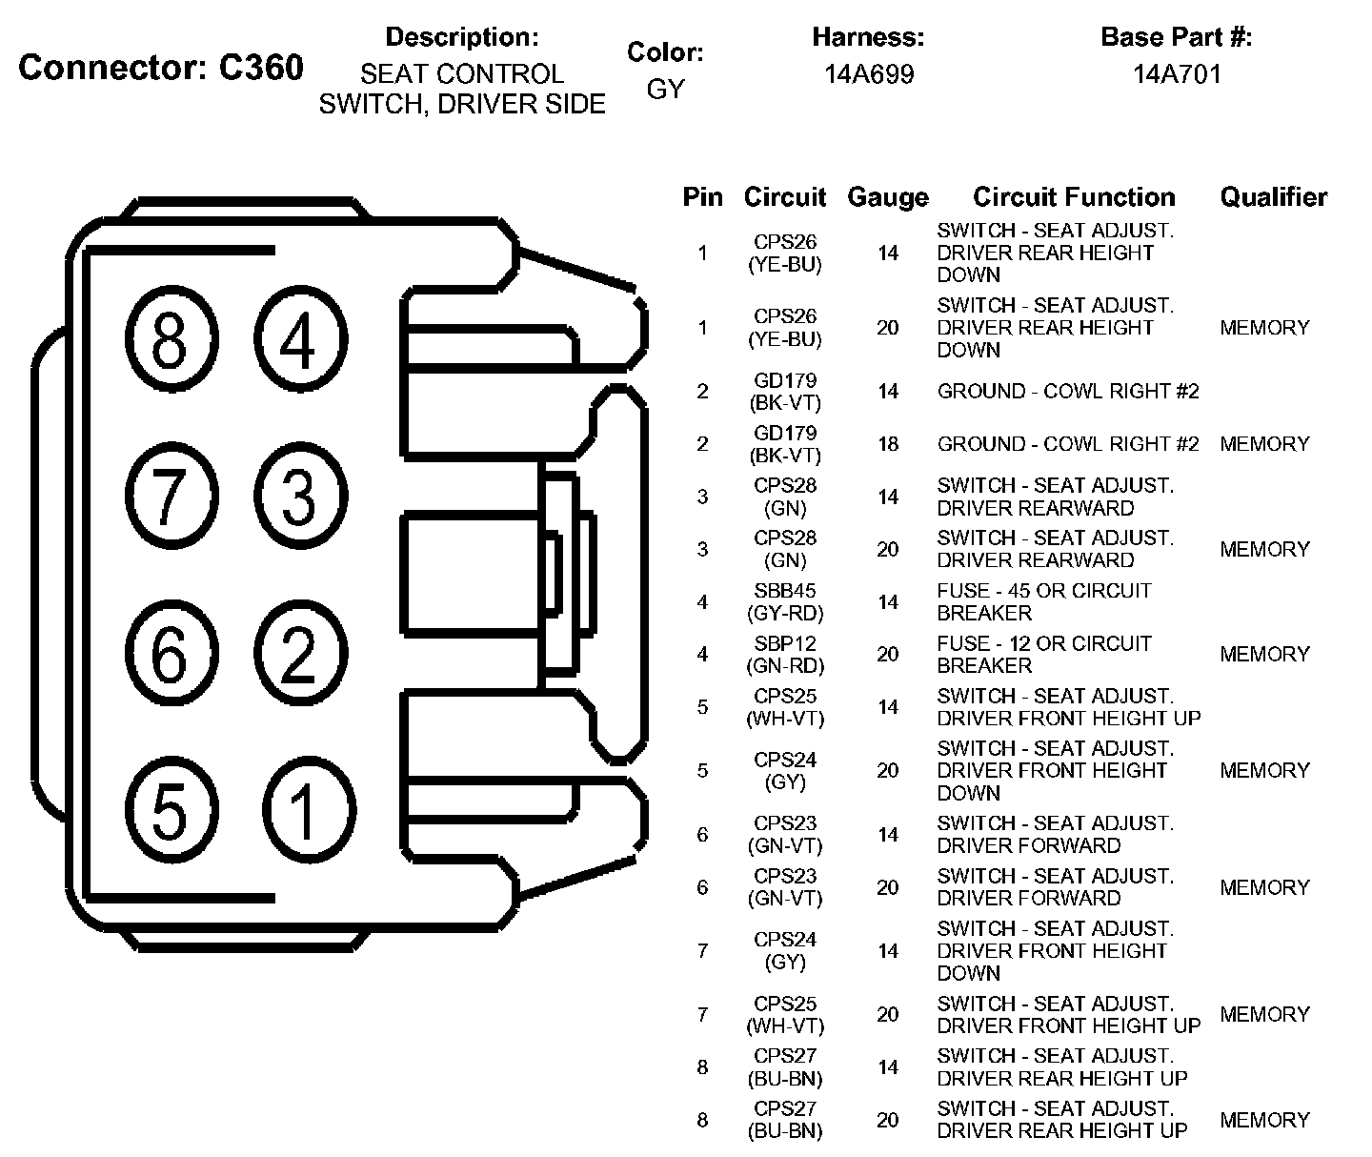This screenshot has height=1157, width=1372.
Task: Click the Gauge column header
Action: pyautogui.click(x=888, y=197)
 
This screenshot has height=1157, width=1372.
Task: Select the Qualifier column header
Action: pyautogui.click(x=1274, y=196)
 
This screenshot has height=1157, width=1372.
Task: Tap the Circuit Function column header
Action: pyautogui.click(x=1074, y=196)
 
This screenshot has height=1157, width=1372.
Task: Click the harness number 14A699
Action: pyautogui.click(x=869, y=74)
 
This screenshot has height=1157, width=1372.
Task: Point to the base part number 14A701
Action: pyautogui.click(x=1176, y=74)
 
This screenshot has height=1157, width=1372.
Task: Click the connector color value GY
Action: pyautogui.click(x=665, y=90)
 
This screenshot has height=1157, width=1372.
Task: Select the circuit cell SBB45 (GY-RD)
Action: pyautogui.click(x=785, y=601)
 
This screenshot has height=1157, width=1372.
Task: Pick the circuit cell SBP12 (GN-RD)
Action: pyautogui.click(x=785, y=654)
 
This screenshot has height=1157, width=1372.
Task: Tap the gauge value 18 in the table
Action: pyautogui.click(x=888, y=444)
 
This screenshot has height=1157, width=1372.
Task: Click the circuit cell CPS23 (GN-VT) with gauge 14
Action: pyautogui.click(x=785, y=834)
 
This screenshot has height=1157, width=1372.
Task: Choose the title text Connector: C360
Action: pyautogui.click(x=161, y=67)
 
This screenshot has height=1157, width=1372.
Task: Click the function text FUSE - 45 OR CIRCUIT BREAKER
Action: pyautogui.click(x=1044, y=601)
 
